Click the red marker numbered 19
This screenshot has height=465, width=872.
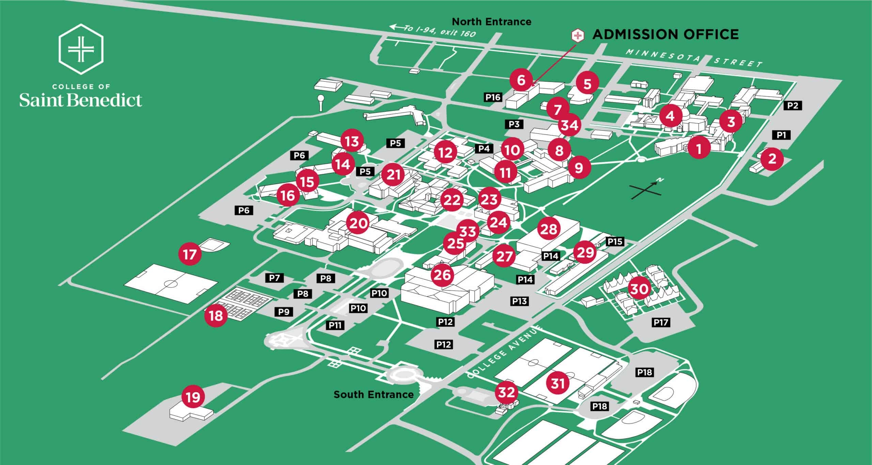point(193,397)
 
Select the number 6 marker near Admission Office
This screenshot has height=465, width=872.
point(521,80)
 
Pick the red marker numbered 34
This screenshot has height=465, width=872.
point(570,125)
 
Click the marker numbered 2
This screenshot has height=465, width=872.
point(772,158)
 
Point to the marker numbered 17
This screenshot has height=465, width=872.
point(190,254)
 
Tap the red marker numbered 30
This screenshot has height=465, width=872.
point(639,289)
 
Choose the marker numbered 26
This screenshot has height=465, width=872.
point(442,275)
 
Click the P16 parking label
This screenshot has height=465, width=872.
point(493,97)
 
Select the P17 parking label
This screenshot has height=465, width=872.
point(661,322)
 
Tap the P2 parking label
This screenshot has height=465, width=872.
point(793,106)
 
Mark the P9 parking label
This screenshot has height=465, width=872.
point(284,312)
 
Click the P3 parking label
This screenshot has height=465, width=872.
point(514,124)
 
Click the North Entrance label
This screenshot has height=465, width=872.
point(491,22)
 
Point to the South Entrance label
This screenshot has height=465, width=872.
point(373,394)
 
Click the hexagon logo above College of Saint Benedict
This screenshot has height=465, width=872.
point(81,49)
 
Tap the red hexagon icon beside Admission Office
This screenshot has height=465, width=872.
point(577,35)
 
